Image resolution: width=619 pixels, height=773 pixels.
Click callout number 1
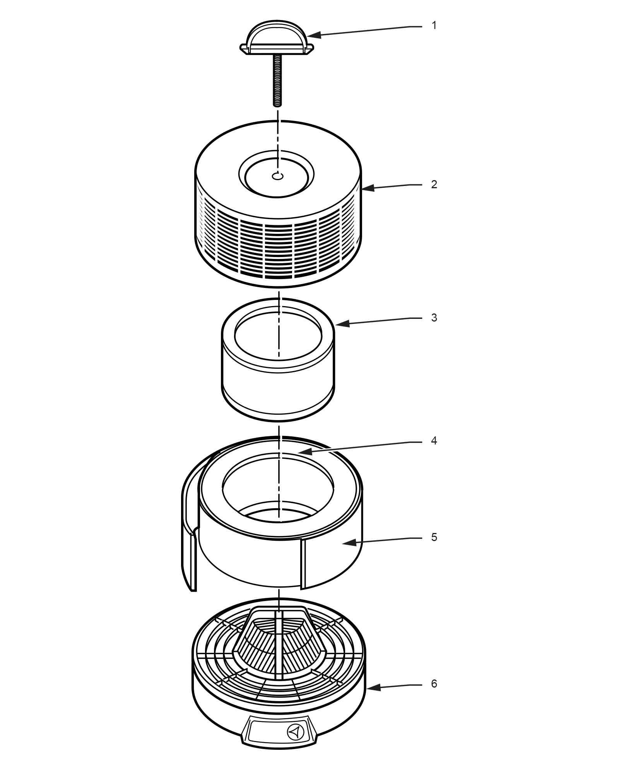click(434, 26)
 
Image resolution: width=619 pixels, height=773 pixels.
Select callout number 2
click(434, 184)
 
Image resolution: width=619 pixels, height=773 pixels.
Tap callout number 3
click(434, 317)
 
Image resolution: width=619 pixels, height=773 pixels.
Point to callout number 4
click(434, 441)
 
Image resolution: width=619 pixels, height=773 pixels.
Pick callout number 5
click(434, 537)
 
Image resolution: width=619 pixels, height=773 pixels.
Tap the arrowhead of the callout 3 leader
click(339, 324)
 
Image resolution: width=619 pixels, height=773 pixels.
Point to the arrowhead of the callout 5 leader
click(344, 543)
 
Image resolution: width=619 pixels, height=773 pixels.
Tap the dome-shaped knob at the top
click(277, 37)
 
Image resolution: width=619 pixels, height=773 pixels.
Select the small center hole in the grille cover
click(278, 176)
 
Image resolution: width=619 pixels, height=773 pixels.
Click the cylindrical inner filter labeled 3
click(278, 371)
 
